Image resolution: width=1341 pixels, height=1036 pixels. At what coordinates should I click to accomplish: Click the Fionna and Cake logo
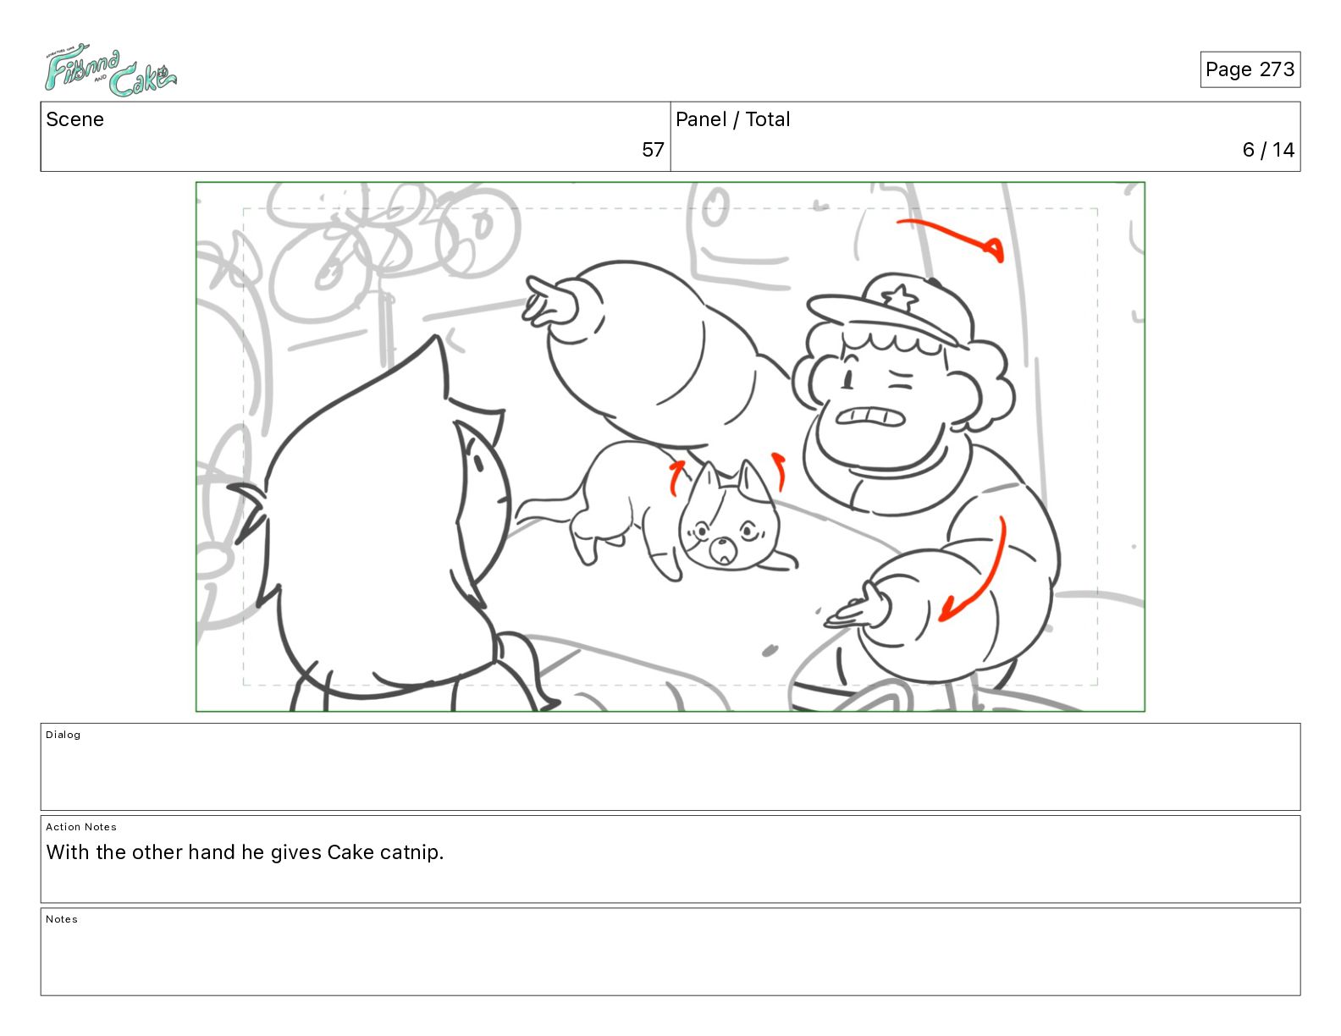tap(110, 69)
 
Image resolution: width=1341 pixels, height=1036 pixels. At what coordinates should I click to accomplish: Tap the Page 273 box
tap(1250, 69)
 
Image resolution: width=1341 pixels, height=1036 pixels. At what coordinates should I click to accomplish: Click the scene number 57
tap(652, 149)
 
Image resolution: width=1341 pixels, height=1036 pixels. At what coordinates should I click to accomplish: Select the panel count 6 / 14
tap(1268, 149)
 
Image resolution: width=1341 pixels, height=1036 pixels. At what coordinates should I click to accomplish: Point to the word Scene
tap(74, 119)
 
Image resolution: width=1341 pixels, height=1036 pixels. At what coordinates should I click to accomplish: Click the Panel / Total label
tap(732, 119)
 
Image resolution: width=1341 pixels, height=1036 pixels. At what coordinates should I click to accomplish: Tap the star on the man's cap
tap(899, 297)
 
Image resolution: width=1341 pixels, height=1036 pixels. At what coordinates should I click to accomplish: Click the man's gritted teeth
tap(869, 416)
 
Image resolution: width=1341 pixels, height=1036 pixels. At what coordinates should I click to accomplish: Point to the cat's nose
tap(720, 544)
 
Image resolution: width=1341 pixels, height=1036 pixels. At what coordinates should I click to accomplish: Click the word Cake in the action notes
tap(350, 851)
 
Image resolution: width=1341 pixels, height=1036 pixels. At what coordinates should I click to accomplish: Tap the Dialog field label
tap(63, 735)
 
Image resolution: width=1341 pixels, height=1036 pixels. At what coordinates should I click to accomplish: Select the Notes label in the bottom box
tap(62, 918)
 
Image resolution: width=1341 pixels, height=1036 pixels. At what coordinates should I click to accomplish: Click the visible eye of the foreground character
tap(477, 462)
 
